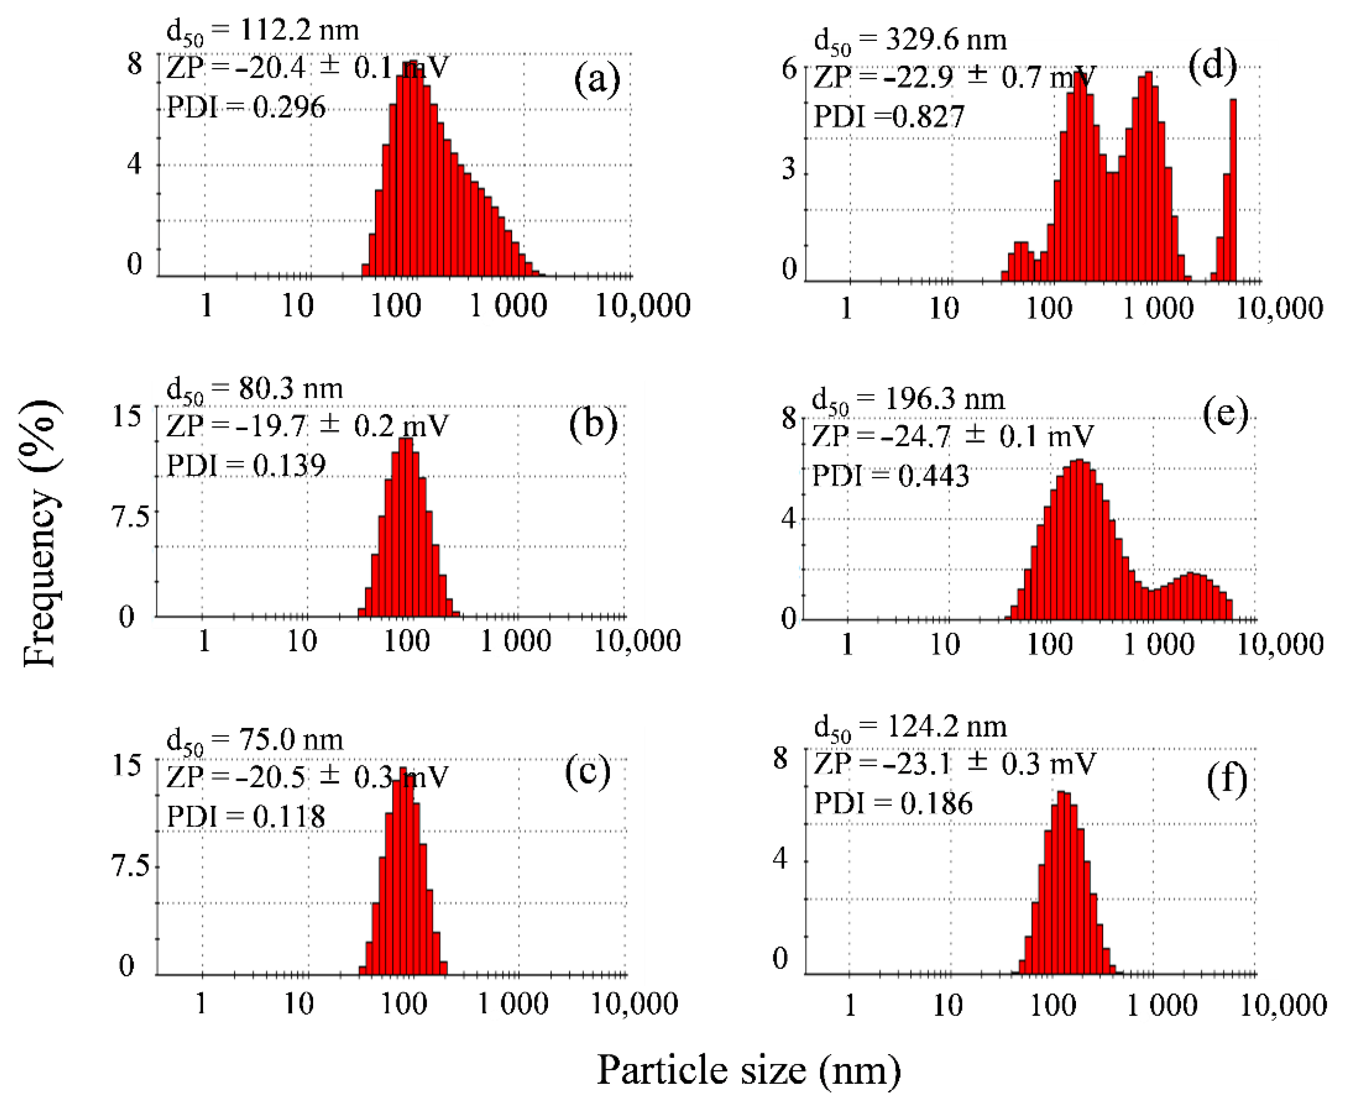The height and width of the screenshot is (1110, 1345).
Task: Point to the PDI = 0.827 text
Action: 888,117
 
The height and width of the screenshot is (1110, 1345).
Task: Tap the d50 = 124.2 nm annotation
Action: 910,727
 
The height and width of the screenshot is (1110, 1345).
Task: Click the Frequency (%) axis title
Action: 41,534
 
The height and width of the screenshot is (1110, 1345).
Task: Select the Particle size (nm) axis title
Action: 748,1070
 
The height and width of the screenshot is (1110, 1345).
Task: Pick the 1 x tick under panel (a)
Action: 206,306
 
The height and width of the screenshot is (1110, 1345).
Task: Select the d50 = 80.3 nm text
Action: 254,389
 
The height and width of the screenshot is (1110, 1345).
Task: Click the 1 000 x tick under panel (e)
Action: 1158,644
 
